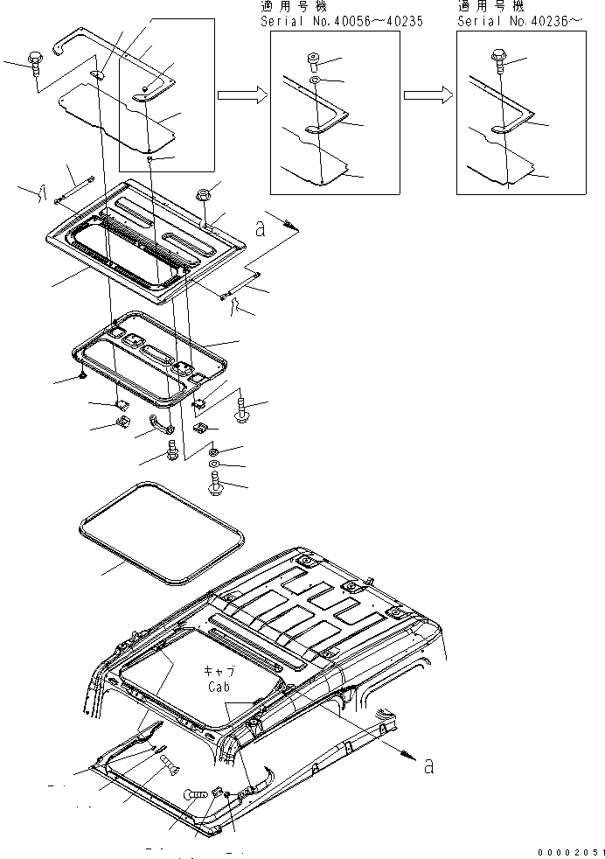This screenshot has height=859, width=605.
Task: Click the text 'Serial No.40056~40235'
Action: pos(341,20)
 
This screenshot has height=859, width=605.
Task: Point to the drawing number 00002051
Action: pos(570,850)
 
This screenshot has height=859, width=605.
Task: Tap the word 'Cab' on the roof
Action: pos(219,688)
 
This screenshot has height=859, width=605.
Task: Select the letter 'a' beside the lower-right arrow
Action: pos(428,767)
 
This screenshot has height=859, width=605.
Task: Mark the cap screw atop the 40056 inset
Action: pos(314,60)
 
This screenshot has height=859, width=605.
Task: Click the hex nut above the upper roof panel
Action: pos(200,195)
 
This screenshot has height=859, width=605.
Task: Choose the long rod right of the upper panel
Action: pos(240,287)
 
